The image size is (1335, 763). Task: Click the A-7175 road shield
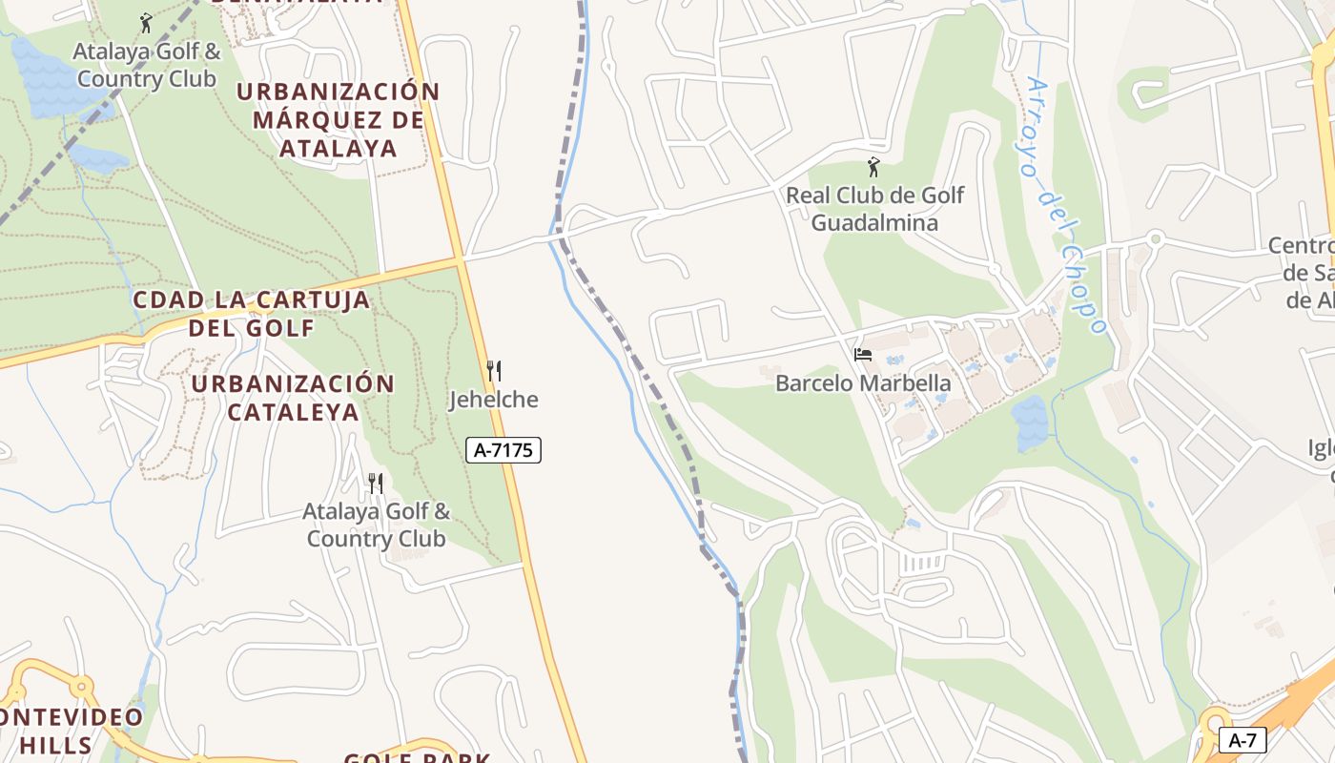click(503, 450)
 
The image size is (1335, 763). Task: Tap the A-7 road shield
click(1243, 740)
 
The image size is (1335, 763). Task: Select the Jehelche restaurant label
click(494, 400)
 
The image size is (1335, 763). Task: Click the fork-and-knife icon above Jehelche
click(494, 371)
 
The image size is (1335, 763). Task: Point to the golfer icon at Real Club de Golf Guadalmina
click(873, 168)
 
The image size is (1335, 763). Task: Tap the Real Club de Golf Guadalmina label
click(874, 209)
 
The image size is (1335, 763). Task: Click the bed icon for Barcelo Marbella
click(863, 355)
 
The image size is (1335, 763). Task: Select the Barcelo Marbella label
click(863, 383)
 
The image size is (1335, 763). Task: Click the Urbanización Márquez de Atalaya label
click(339, 120)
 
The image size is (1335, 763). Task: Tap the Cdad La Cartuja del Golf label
click(252, 314)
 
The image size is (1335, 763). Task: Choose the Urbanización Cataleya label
click(293, 398)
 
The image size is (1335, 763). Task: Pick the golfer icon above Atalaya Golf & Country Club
click(146, 23)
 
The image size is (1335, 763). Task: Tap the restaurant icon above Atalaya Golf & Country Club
click(376, 484)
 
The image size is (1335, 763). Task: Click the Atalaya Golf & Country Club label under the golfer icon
click(147, 65)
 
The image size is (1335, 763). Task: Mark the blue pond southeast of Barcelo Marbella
click(1030, 423)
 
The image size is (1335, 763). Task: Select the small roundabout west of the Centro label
click(1156, 238)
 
